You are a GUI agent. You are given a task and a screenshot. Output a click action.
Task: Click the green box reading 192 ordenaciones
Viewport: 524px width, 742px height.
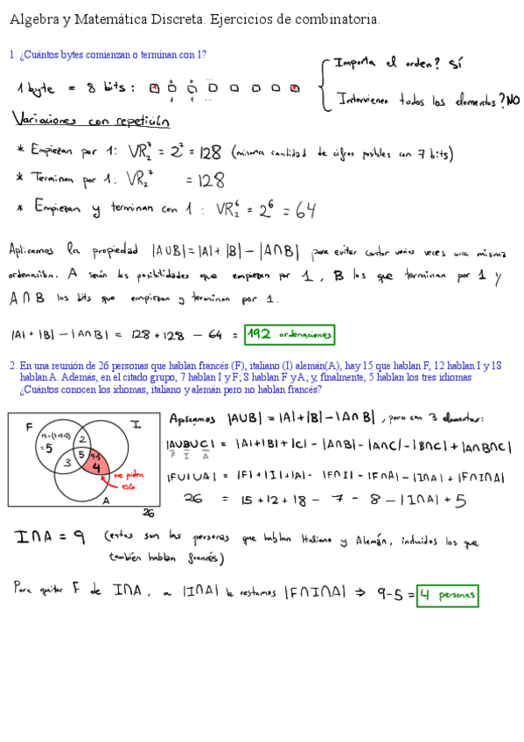coord(290,334)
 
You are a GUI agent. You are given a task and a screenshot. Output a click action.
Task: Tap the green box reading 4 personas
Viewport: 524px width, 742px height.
coord(447,597)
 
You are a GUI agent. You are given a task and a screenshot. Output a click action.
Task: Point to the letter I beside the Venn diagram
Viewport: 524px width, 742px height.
coord(136,424)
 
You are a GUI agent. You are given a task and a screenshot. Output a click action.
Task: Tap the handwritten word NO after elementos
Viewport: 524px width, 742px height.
coord(514,101)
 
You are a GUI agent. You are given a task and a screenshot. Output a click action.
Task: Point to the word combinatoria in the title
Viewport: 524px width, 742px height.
coord(340,18)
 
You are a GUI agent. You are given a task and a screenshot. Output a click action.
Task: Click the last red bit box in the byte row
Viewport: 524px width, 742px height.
coord(295,87)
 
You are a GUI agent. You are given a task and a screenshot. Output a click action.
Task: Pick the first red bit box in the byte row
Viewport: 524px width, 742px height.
coord(154,87)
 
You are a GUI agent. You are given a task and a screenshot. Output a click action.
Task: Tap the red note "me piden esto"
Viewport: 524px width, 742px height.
coord(128,480)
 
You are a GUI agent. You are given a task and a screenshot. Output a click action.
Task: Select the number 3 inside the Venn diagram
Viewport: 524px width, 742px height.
coord(66,463)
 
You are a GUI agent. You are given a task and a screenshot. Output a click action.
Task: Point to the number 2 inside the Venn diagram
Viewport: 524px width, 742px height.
coord(81,438)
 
